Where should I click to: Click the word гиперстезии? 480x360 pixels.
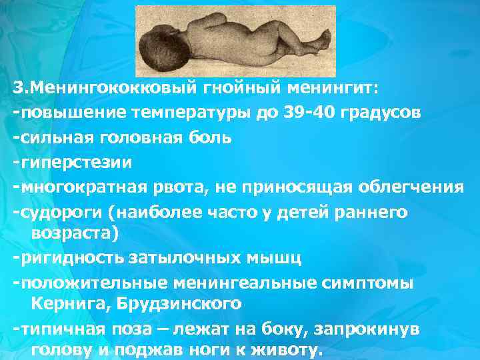click(x=77, y=162)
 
